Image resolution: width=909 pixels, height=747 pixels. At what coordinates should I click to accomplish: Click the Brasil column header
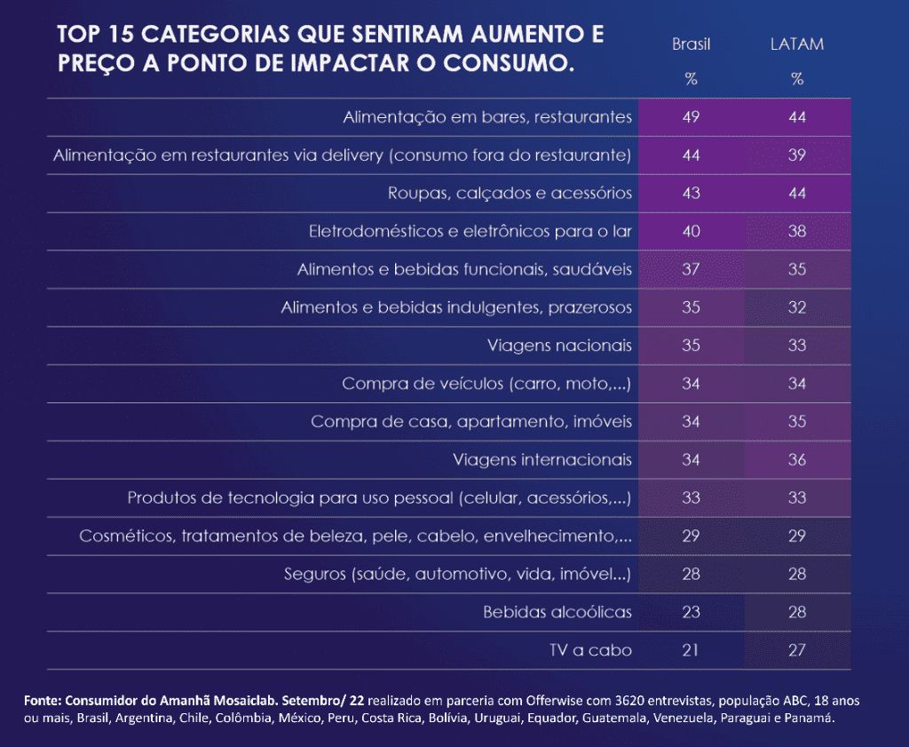coord(691,44)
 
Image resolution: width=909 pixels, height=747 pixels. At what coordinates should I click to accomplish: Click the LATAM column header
coord(796,44)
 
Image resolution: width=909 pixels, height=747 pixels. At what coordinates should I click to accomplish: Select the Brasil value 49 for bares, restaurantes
coord(691,117)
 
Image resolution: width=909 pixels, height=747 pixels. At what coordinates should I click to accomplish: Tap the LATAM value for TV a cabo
coord(796,650)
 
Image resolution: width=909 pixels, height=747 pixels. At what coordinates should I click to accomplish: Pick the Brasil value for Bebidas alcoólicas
coord(691,612)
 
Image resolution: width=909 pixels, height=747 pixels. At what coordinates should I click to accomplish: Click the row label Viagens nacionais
coord(559,346)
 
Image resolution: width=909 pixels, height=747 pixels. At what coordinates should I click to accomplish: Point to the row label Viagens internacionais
coord(541,459)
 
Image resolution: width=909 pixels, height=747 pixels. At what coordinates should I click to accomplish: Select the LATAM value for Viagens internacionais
coord(796,459)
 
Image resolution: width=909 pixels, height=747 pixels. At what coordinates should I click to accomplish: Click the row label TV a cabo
coord(590,650)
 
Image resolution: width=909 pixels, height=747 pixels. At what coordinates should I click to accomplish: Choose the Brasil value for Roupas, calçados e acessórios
coord(691,193)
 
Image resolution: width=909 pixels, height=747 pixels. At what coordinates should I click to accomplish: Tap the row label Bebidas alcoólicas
coord(557,612)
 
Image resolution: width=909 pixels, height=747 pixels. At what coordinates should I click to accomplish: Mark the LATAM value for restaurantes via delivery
coord(796,155)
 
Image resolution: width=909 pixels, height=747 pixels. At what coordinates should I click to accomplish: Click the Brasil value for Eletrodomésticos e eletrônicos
coord(691,231)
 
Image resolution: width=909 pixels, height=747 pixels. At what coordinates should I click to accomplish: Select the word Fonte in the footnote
coord(42,701)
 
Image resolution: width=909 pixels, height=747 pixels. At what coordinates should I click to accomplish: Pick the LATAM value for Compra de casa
coord(796,421)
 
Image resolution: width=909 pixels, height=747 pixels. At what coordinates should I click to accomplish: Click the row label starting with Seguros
coord(457,574)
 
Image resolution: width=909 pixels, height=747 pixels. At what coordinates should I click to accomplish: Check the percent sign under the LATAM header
coord(796,79)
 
